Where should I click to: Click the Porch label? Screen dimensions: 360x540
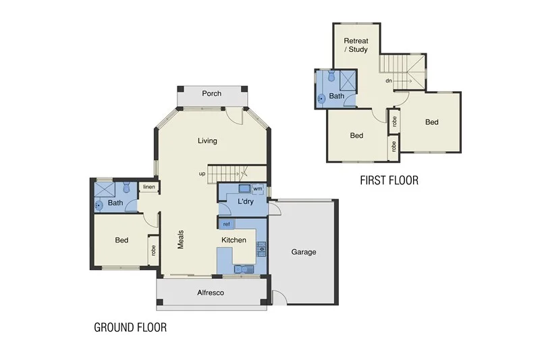click(x=211, y=93)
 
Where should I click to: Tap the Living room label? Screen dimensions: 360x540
click(x=208, y=140)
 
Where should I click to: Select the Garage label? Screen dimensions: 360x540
click(x=303, y=252)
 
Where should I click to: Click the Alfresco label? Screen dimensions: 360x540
click(x=210, y=292)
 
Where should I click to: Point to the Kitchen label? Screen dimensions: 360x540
click(x=234, y=240)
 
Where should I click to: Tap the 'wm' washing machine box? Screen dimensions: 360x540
click(x=257, y=189)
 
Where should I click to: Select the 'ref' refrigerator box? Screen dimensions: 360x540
click(x=227, y=224)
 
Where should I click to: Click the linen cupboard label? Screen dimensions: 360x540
click(x=148, y=187)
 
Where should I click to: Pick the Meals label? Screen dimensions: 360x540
click(x=181, y=239)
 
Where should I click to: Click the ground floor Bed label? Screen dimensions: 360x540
click(x=122, y=240)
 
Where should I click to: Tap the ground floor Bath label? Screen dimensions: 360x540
click(x=115, y=203)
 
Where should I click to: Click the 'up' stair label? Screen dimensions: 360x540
click(x=202, y=174)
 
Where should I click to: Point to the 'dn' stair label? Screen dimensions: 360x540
click(x=389, y=81)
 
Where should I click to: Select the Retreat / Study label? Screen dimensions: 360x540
click(x=355, y=45)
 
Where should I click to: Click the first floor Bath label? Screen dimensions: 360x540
click(x=337, y=97)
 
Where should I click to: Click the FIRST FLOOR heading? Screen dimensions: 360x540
click(x=389, y=180)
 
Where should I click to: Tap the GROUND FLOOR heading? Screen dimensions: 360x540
click(x=130, y=328)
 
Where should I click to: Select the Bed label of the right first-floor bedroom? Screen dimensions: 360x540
click(x=431, y=122)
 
